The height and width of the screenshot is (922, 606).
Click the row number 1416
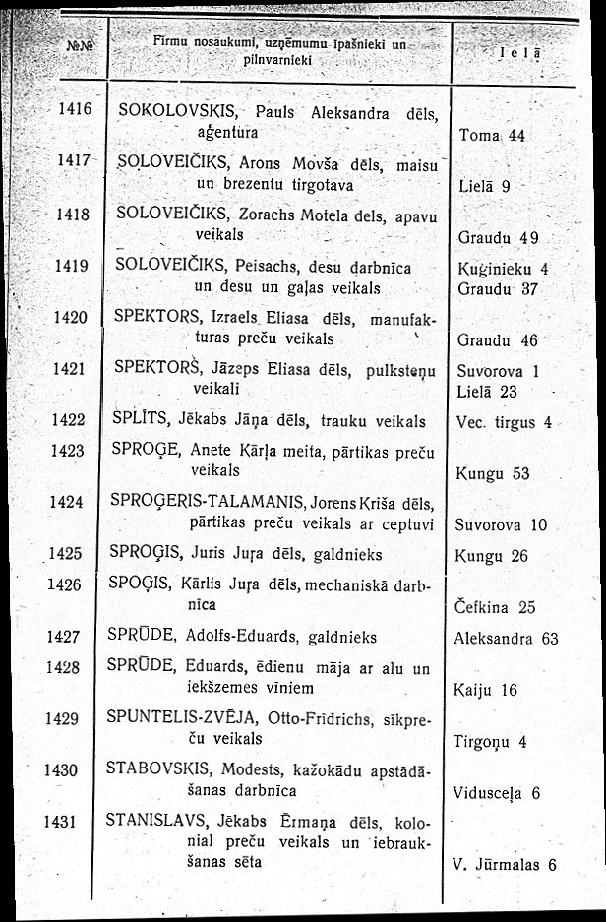[x=75, y=111]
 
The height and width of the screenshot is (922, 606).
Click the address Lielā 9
[x=484, y=185]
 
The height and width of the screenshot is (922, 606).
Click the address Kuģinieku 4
[x=503, y=267]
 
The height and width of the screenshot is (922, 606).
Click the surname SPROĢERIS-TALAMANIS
[x=206, y=501]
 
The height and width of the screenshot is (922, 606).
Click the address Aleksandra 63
[x=506, y=638]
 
